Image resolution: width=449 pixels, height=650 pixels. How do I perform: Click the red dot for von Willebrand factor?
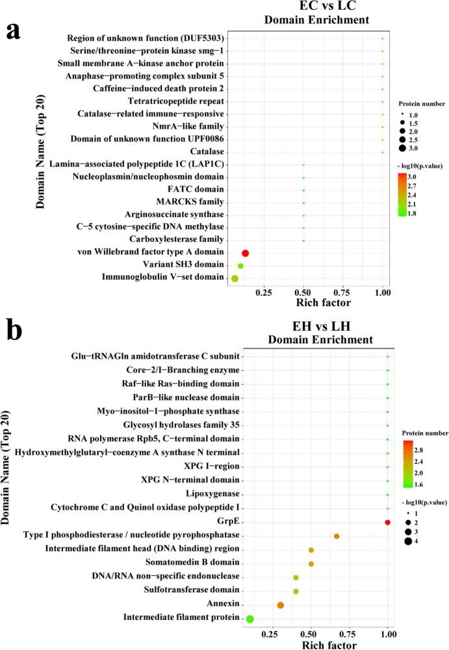246,253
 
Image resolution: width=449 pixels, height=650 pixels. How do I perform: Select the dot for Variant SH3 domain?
240,266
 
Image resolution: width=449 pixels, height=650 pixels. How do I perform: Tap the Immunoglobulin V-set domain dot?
235,279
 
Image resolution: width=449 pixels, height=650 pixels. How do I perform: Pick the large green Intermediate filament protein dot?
250,619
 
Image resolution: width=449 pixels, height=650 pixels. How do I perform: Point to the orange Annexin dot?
281,605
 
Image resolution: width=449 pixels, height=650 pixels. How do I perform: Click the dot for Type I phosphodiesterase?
337,536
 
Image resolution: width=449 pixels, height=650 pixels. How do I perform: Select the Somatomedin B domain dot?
311,564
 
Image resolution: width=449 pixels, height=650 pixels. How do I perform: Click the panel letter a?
18,31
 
